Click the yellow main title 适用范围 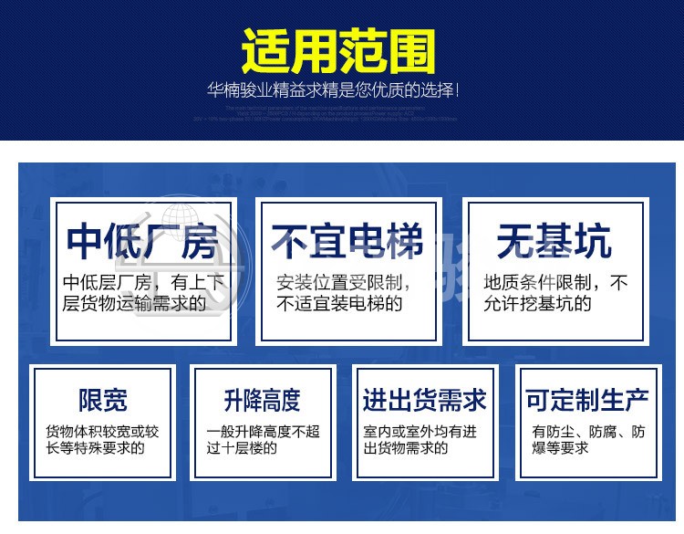pos(338,53)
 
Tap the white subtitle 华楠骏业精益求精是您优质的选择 pos(333,91)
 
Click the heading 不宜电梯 pos(348,243)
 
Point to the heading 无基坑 pos(554,243)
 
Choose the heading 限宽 pos(102,400)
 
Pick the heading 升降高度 pos(263,400)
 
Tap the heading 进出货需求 pos(424,400)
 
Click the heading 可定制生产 pos(586,400)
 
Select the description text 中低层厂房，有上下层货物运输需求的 pos(144,292)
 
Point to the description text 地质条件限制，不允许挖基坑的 pos(555,292)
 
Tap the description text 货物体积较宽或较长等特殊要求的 pos(102,439)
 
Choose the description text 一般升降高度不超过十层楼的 pos(263,439)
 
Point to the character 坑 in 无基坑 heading pos(594,243)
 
